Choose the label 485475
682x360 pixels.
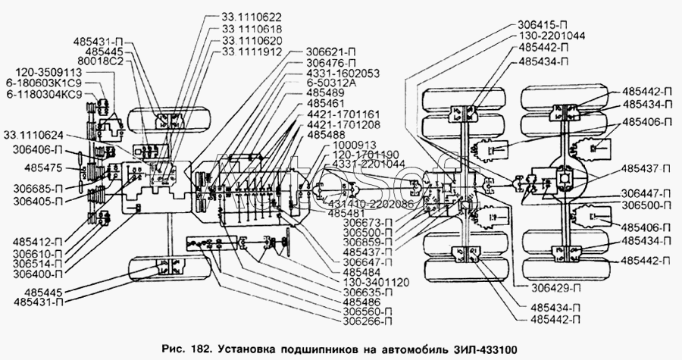42,164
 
